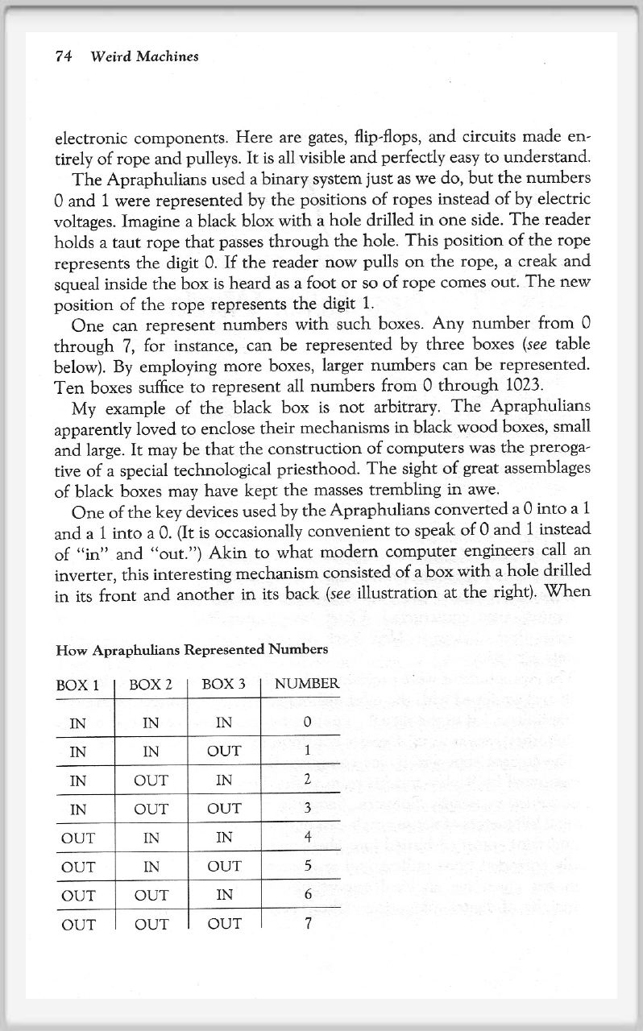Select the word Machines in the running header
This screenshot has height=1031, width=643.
pos(167,56)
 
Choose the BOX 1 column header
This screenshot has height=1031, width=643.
pos(77,685)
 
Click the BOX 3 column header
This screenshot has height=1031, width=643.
pos(223,685)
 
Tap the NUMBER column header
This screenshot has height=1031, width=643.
pos(306,685)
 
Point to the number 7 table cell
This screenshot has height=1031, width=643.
pos(307,924)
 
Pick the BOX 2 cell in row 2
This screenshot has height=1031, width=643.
pos(150,752)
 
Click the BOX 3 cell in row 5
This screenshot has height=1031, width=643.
pos(223,838)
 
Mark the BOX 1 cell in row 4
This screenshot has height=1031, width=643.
pos(78,809)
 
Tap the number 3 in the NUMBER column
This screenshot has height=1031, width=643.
pos(307,809)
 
